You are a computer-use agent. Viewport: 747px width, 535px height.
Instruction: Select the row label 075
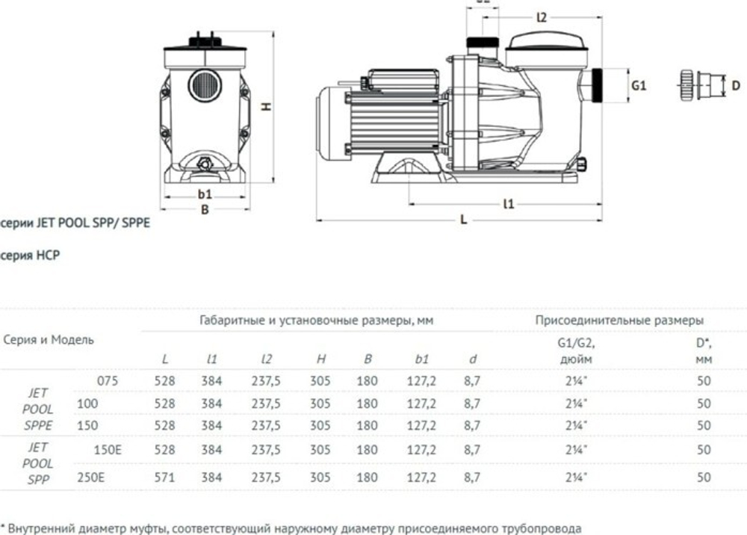108,380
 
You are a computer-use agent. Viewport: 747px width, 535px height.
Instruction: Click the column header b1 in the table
421,359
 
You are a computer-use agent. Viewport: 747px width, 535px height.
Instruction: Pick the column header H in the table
320,359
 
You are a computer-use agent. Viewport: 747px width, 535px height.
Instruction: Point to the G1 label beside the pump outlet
639,86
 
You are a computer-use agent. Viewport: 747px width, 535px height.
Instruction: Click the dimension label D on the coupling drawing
736,86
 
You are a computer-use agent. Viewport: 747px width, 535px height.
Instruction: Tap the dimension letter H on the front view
265,107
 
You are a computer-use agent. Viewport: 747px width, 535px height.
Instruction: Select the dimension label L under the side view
463,221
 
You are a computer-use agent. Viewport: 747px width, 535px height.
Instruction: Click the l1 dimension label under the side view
509,202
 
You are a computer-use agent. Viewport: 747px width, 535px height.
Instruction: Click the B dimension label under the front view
205,210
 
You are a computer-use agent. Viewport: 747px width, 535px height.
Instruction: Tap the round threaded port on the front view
204,85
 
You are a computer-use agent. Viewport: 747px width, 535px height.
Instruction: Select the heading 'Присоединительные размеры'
619,320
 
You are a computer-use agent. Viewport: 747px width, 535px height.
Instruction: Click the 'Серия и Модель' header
49,339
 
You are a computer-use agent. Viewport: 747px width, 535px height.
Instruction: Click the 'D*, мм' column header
703,351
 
